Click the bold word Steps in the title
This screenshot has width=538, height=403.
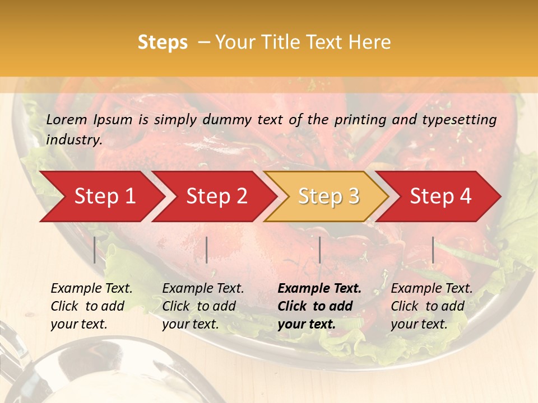click(163, 43)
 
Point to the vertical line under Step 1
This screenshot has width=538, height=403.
click(95, 250)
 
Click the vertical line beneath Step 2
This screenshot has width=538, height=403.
click(207, 250)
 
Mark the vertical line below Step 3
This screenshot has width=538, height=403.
click(319, 250)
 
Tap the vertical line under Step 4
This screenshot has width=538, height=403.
click(433, 250)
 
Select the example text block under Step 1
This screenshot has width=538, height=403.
click(91, 306)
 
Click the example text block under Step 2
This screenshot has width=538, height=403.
click(203, 306)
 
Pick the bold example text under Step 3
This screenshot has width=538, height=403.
click(319, 306)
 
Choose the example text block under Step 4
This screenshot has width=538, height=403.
click(432, 306)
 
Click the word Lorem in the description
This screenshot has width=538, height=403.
click(66, 119)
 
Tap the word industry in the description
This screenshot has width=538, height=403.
click(73, 140)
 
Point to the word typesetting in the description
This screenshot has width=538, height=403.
click(465, 119)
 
